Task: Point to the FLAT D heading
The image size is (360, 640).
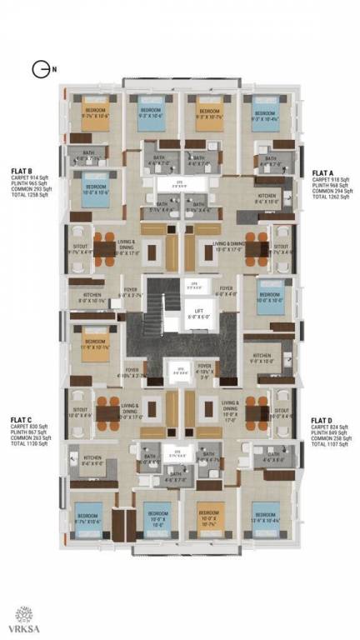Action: click(322, 421)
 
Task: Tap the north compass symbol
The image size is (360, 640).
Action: click(38, 70)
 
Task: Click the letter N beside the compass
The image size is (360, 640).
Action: click(53, 70)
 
